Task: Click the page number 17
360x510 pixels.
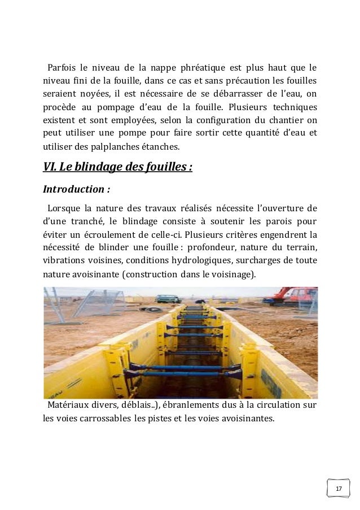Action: pos(339,488)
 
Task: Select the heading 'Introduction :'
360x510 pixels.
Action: pos(76,189)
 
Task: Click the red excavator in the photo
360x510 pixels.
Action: pos(296,295)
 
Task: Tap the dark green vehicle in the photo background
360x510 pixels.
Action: pos(168,298)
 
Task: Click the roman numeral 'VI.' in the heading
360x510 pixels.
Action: pos(51,168)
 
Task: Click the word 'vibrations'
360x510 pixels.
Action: pos(63,260)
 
